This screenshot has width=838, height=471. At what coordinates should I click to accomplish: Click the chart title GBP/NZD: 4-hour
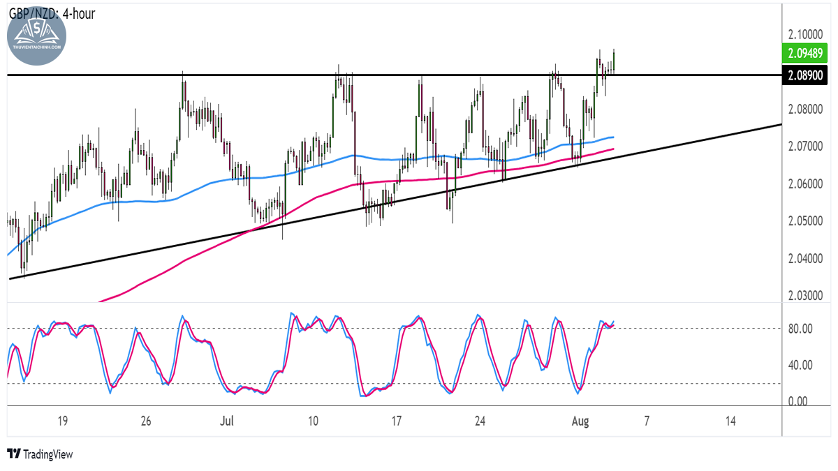tap(52, 14)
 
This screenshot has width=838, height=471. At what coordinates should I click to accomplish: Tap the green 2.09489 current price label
tap(804, 54)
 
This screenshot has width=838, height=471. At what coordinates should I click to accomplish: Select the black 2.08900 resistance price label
tap(804, 75)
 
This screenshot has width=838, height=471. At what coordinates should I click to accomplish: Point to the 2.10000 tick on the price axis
tap(805, 35)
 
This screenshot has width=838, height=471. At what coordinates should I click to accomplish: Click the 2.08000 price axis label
tap(805, 110)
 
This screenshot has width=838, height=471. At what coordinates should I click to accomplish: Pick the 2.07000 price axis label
tap(805, 147)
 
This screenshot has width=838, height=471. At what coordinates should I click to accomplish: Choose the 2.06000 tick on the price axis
tap(805, 184)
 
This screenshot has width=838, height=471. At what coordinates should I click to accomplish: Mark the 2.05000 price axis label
tap(805, 221)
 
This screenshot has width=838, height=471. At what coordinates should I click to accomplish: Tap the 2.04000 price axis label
tap(805, 258)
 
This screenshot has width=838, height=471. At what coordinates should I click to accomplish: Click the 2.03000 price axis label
tap(805, 296)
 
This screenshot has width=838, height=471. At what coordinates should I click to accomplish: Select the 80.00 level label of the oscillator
tap(800, 329)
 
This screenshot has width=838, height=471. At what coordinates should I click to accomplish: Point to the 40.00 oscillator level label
tap(800, 365)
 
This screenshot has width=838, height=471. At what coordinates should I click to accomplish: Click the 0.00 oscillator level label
tap(797, 401)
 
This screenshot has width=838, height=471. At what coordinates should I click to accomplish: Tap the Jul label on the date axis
tap(227, 421)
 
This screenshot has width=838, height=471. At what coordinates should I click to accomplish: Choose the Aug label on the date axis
tap(580, 421)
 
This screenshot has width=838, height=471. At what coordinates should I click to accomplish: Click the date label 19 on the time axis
tap(62, 421)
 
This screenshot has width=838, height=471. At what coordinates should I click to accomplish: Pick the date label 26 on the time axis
tap(146, 421)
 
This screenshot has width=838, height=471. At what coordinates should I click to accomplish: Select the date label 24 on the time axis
tap(480, 421)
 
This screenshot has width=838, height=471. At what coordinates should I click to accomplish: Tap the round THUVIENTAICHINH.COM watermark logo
tap(36, 36)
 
